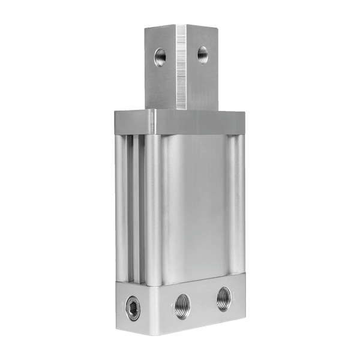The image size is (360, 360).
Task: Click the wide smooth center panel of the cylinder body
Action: coord(195,204)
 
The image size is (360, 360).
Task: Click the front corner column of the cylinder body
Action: coord(153,210)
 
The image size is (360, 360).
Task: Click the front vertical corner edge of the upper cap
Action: coord(154,122)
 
